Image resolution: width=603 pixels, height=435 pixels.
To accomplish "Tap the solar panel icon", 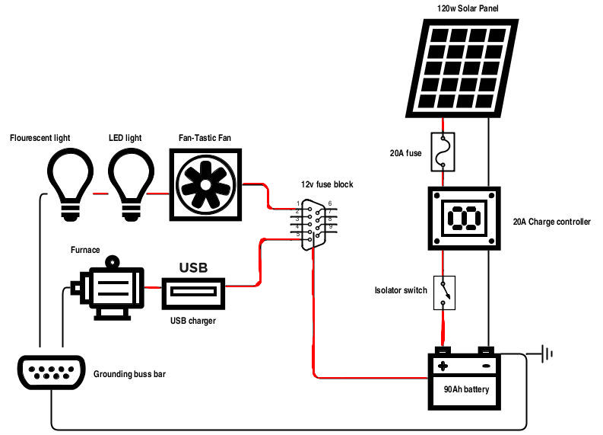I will tap(463, 67).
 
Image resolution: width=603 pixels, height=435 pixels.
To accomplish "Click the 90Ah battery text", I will tap(466, 391).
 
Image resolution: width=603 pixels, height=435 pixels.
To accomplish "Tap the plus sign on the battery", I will tap(443, 366).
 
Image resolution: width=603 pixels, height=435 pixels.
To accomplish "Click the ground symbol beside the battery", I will tap(545, 353).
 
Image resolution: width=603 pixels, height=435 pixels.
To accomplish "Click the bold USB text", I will tap(193, 268).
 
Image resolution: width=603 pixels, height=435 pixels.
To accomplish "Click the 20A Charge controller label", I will tap(551, 222).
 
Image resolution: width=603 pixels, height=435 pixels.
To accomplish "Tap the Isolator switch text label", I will tap(401, 290).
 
